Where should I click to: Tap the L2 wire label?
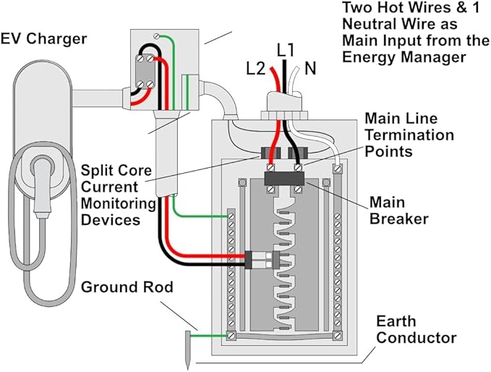tap(256, 69)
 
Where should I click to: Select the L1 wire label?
tap(286, 50)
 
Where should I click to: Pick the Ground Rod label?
tap(127, 287)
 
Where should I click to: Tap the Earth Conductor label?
tap(416, 329)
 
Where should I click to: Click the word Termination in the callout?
tap(409, 135)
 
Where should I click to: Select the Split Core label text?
tap(116, 171)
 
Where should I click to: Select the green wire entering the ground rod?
tap(210, 335)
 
